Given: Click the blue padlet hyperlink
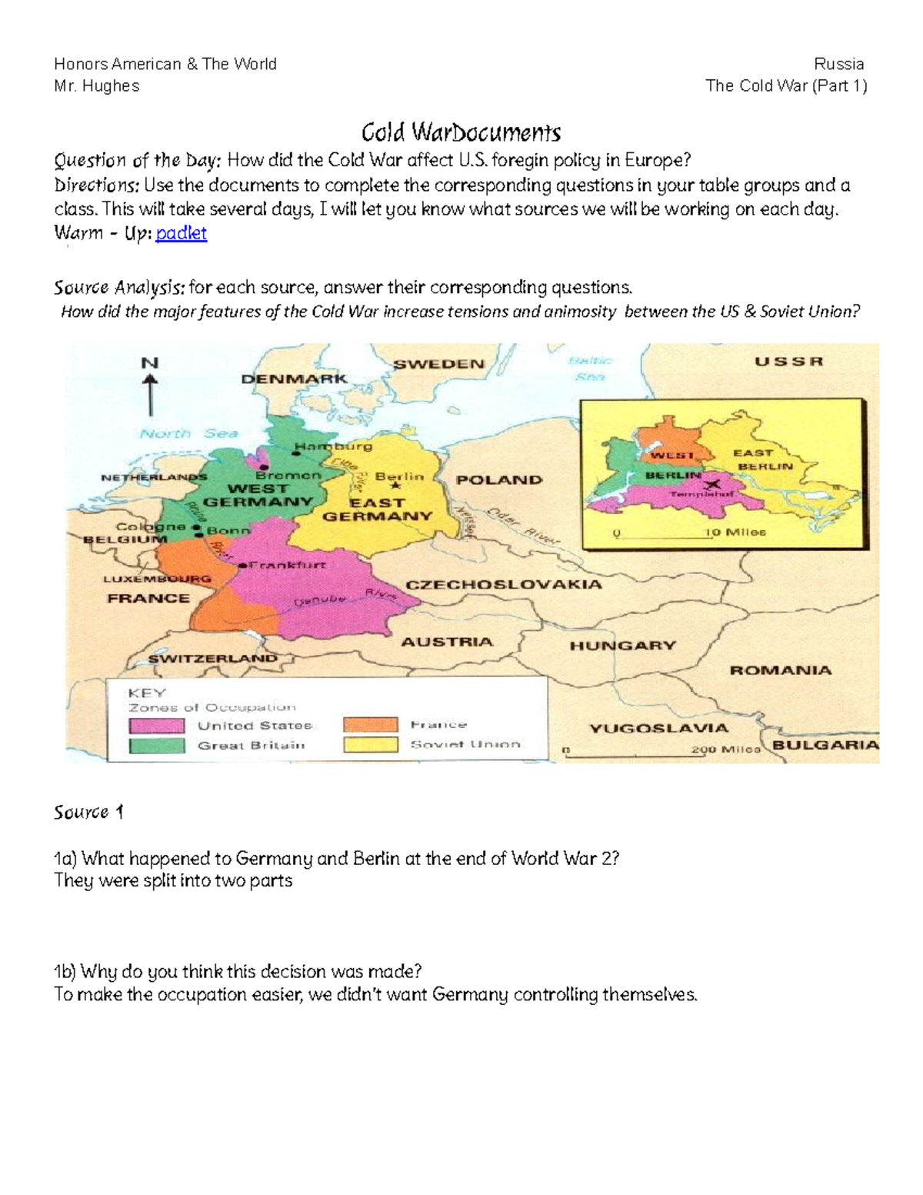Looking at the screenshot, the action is [x=181, y=233].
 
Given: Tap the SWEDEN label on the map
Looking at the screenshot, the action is [x=438, y=364].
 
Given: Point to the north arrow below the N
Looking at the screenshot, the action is [x=151, y=396].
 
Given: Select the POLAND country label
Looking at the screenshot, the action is [x=499, y=480].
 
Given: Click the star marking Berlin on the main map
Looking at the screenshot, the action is [x=396, y=486].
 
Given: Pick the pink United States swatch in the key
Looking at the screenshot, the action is [x=157, y=726].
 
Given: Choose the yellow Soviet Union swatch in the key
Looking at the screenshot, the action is [x=371, y=745].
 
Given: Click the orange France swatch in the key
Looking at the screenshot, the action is [x=371, y=725].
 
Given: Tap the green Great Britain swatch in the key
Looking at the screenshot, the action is [x=157, y=746].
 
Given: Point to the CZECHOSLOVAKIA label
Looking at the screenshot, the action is [x=504, y=585].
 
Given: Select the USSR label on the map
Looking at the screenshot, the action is [x=788, y=362].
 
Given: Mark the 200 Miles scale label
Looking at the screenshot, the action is [x=725, y=749].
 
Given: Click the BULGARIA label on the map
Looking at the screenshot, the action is [x=825, y=745].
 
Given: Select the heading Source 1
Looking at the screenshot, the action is [x=88, y=813].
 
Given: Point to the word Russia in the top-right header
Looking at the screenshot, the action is [x=839, y=64].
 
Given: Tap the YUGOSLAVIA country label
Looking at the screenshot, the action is [x=658, y=728].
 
